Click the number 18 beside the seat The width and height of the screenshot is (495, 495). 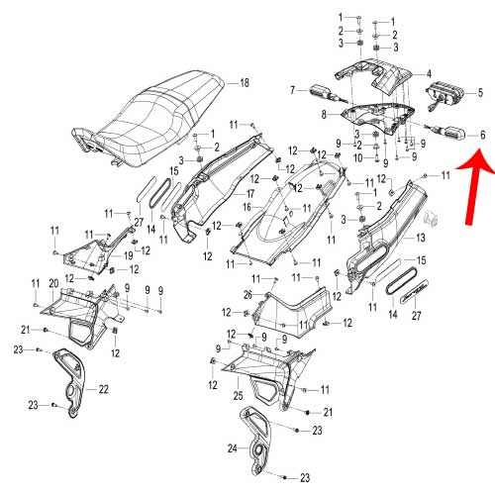[245, 82]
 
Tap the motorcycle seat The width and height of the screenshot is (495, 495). [148, 120]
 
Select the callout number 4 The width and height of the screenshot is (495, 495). [429, 73]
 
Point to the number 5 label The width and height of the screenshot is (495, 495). [480, 93]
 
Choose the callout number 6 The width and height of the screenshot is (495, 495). [482, 135]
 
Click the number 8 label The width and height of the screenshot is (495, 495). [324, 115]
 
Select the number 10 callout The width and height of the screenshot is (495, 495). [357, 158]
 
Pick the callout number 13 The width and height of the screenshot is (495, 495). [421, 238]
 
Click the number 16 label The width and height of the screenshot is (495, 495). [247, 207]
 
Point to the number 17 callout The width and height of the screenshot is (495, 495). [250, 193]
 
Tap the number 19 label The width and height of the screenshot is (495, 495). [128, 255]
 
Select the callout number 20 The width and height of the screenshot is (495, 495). [53, 283]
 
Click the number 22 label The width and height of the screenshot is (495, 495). [103, 389]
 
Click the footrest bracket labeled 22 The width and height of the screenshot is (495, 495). [70, 383]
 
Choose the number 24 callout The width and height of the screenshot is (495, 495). [233, 448]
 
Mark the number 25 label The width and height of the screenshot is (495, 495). [238, 395]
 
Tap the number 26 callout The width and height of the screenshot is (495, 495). [247, 295]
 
